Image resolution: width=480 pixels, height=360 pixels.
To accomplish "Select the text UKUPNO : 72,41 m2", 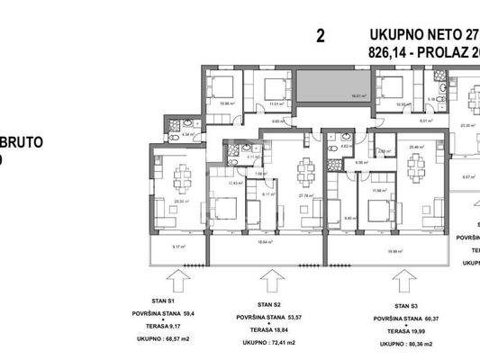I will tap(270, 346).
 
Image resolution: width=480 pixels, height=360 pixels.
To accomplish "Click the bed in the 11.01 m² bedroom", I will tap(268, 90).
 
